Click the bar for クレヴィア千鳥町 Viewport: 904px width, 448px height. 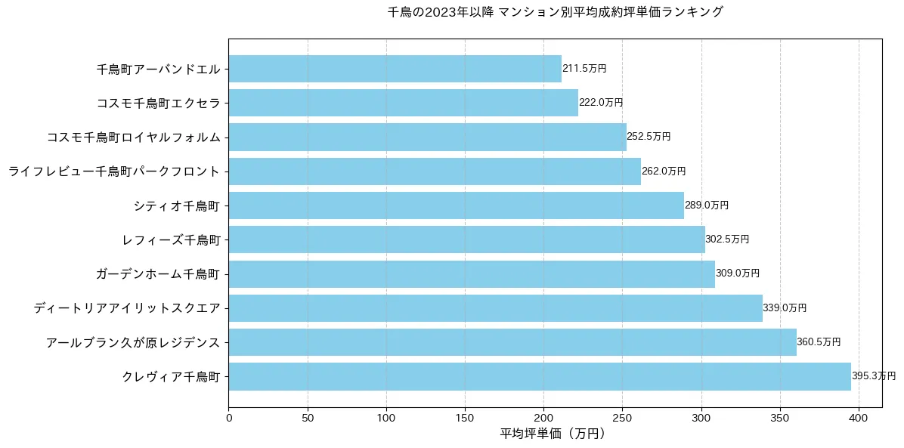point(540,376)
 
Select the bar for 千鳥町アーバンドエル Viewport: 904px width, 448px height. point(395,69)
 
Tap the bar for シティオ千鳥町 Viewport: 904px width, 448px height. point(456,205)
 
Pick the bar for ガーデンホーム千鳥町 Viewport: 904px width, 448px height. point(472,273)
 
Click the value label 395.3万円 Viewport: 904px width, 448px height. point(874,376)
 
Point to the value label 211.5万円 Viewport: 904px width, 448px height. point(584,69)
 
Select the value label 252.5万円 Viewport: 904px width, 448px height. point(649,137)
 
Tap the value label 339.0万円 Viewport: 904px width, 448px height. point(785,308)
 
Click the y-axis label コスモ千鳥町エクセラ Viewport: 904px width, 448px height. point(159,103)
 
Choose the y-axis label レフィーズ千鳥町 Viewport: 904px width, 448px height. point(171,240)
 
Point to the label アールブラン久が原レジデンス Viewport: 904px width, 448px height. point(133,342)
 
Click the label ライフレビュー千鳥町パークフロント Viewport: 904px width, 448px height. point(114,171)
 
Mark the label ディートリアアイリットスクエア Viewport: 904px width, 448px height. point(127,308)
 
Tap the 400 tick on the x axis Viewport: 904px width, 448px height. point(859,416)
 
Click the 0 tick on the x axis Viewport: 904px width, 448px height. point(228,416)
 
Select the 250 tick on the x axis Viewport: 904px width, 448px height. point(622,416)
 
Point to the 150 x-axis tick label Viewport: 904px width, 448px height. point(465,416)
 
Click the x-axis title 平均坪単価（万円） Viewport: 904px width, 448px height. point(554,434)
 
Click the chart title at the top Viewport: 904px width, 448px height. point(555,12)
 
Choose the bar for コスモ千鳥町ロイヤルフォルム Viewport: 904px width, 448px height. point(427,137)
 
